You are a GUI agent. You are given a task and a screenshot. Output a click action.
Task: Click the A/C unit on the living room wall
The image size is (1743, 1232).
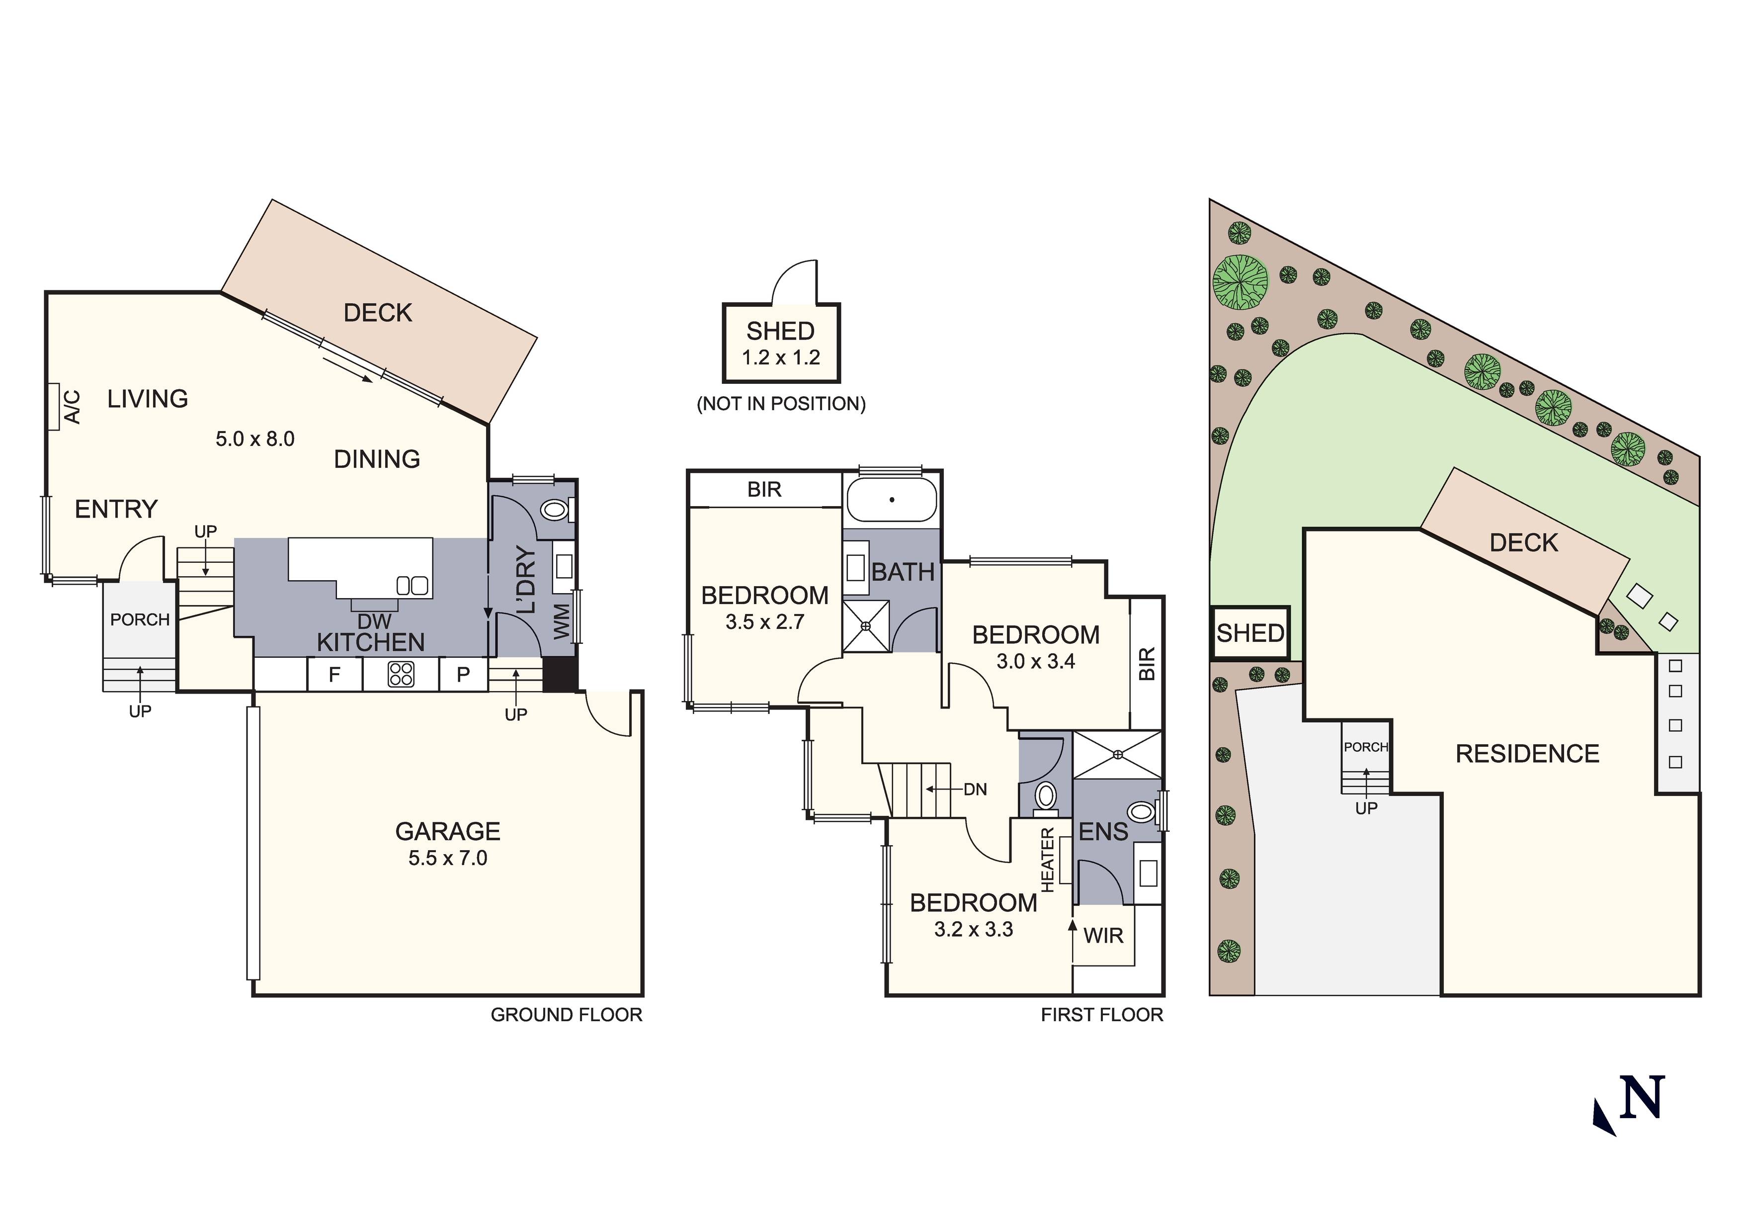(x=54, y=406)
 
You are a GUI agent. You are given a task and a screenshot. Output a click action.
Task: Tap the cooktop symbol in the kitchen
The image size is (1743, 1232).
(x=401, y=674)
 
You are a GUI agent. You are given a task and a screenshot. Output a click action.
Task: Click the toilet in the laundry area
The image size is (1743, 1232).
(x=555, y=510)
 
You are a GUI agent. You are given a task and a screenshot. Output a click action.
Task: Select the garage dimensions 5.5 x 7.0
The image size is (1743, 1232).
(x=448, y=858)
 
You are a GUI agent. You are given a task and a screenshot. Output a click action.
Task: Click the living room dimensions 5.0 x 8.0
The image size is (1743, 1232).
(x=255, y=439)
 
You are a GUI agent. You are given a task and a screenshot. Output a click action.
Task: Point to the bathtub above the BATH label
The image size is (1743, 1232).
(x=892, y=500)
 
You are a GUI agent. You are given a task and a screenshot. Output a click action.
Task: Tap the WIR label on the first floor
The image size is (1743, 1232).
(x=1103, y=936)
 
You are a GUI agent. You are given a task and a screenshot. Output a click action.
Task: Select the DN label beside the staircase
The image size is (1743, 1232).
(x=976, y=789)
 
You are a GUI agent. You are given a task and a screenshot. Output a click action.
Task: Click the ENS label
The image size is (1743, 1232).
(x=1103, y=832)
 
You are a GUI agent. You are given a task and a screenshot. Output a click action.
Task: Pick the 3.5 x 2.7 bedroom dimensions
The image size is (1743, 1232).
(x=764, y=622)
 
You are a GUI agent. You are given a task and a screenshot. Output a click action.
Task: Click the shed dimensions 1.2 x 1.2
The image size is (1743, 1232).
(x=780, y=358)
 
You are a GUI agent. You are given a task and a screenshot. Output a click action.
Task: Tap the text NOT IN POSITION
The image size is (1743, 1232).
(x=781, y=403)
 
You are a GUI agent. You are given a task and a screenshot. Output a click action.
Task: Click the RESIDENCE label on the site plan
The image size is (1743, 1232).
(x=1527, y=754)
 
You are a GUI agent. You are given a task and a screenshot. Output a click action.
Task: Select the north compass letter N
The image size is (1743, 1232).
(x=1642, y=1098)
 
